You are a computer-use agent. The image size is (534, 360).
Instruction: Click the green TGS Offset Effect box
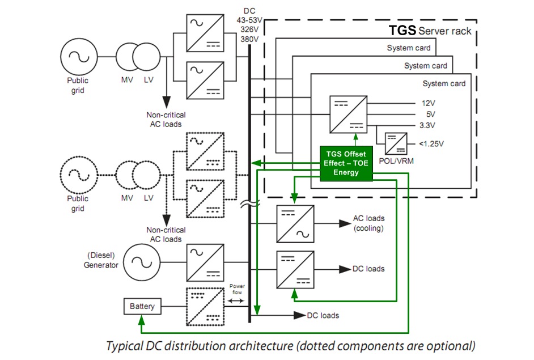[x=346, y=163]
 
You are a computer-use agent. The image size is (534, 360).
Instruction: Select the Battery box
[x=142, y=306]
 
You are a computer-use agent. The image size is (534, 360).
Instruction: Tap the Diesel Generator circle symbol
[x=139, y=261]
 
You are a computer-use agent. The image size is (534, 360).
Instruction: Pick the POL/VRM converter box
[x=396, y=143]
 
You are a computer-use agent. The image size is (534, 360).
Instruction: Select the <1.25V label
[x=433, y=143]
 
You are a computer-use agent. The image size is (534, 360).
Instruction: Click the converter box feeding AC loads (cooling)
[x=295, y=223]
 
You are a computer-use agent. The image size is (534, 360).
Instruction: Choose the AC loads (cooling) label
[x=368, y=223]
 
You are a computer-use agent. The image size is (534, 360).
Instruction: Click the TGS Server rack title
[x=429, y=31]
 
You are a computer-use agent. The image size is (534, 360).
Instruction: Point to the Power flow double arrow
[x=235, y=300]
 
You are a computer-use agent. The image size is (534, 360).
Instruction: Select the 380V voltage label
[x=249, y=40]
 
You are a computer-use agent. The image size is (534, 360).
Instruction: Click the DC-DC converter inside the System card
[x=348, y=114]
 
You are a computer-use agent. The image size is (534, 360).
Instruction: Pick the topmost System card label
[x=408, y=48]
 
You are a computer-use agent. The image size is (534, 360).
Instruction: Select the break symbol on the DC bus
[x=249, y=204]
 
